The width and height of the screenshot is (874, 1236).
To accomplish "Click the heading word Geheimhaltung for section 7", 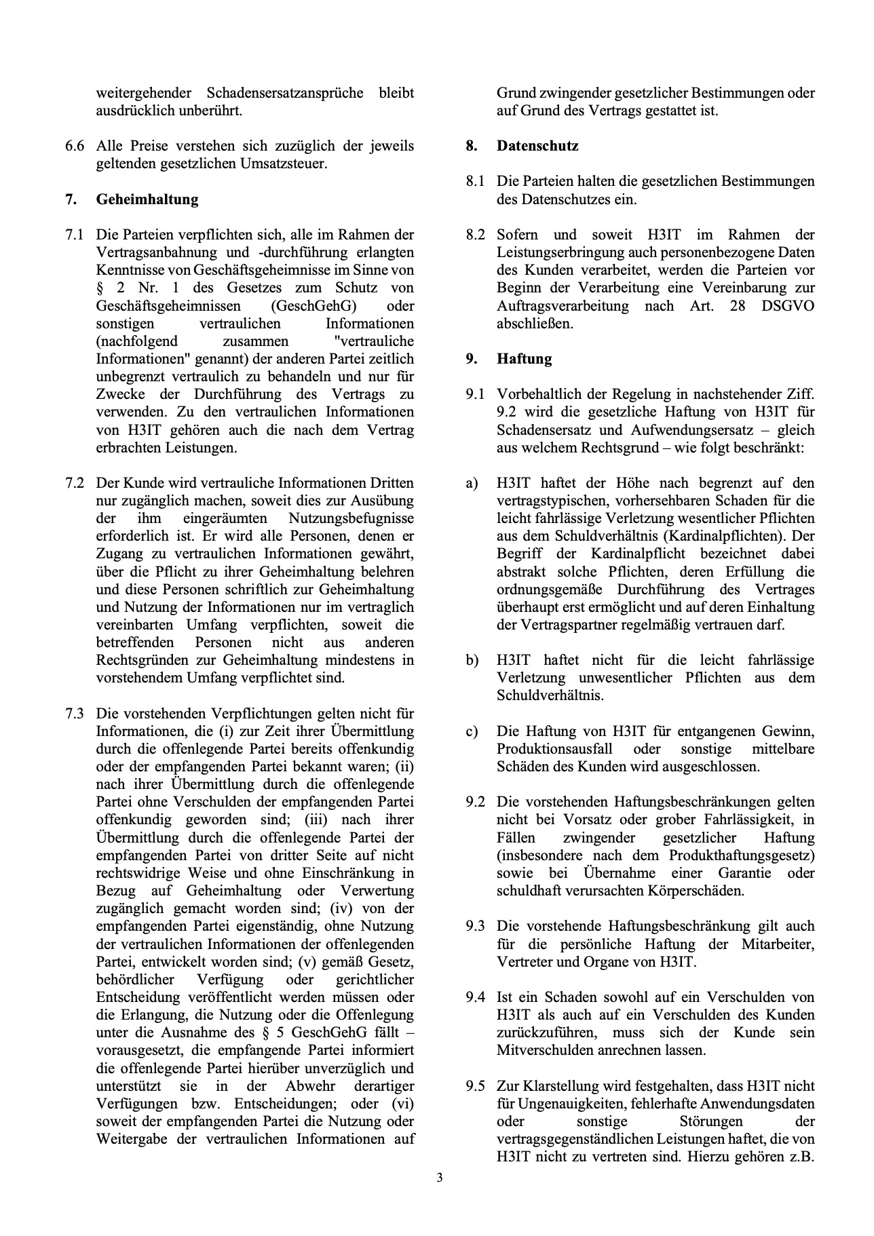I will coord(147,199).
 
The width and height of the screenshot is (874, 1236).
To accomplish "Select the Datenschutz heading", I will coord(537,146).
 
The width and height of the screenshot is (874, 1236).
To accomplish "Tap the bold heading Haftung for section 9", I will coord(524,359).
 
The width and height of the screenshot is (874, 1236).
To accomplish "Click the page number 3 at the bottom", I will coord(439,1178).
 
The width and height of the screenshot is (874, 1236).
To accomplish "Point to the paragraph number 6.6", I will coord(75,146).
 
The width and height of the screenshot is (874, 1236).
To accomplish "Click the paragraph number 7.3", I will coord(75,714).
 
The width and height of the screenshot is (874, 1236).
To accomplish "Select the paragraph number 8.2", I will coord(475,235).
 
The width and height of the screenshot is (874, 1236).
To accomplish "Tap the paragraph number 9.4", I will coord(475,997).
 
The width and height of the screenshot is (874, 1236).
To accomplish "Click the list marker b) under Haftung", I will coord(472,660).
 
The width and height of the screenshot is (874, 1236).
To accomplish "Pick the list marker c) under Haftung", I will coord(472,731).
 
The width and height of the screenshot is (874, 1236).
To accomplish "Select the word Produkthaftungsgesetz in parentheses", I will coord(740,855).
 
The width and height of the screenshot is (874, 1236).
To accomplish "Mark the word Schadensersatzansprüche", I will coord(284,93).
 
